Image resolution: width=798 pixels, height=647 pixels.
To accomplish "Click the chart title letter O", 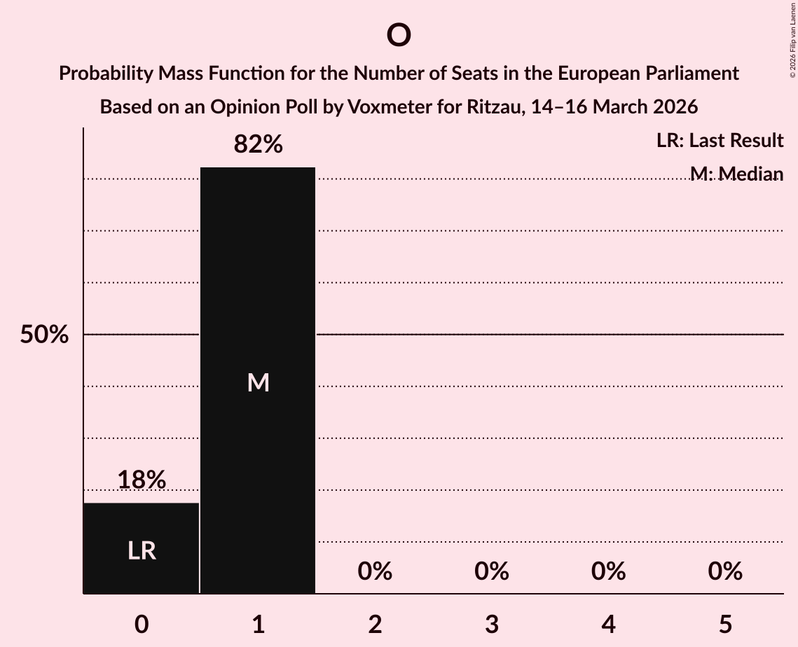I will click(398, 35).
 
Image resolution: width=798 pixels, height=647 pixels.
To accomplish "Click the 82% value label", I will click(258, 144).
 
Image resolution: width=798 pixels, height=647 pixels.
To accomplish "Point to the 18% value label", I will click(142, 480).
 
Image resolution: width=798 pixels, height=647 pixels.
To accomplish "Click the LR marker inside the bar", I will click(142, 551).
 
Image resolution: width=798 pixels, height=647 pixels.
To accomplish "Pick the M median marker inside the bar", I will click(258, 382).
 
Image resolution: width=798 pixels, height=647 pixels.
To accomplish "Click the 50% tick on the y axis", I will click(44, 335).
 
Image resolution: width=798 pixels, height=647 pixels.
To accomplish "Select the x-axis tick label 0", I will click(142, 625).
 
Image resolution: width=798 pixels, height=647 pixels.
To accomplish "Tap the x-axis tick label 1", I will click(258, 625).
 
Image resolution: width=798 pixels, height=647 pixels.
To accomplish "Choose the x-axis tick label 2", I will click(375, 625).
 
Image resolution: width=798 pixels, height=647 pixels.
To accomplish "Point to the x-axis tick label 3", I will click(491, 625).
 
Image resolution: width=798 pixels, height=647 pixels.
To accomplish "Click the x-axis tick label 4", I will click(608, 625).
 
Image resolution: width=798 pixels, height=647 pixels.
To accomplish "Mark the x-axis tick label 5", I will click(724, 625).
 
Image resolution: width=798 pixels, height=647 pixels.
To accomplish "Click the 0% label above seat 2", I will click(375, 571).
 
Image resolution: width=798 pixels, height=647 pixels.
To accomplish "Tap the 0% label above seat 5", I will click(724, 571).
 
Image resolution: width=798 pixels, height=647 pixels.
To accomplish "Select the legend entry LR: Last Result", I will click(720, 141).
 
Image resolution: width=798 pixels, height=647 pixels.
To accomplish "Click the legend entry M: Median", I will click(736, 174).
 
